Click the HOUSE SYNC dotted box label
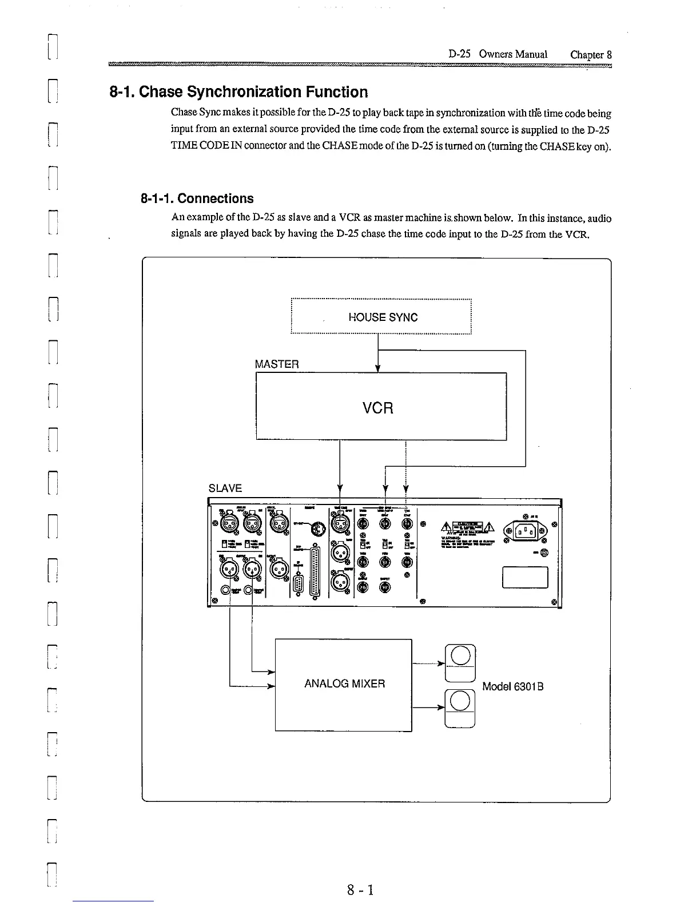tap(383, 317)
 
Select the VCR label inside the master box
tap(378, 408)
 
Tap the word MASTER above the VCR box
tap(277, 364)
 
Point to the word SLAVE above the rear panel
tap(225, 488)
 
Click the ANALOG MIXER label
tap(344, 684)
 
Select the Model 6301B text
tap(512, 686)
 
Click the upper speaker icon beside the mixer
tap(460, 663)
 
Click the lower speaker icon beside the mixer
tap(460, 709)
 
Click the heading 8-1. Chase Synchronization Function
tap(238, 92)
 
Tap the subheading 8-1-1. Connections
tap(197, 198)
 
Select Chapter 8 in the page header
tap(591, 54)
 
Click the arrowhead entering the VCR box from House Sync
tap(378, 368)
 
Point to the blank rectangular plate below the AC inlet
tap(524, 577)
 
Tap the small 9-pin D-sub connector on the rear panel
tap(298, 584)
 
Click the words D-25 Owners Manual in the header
tap(498, 54)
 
